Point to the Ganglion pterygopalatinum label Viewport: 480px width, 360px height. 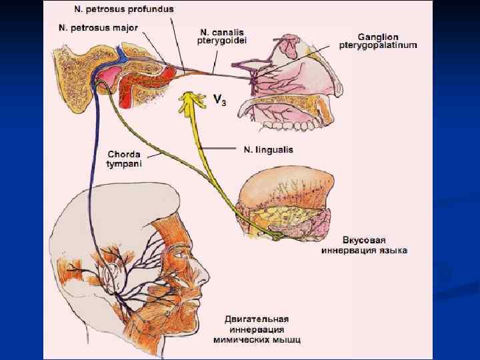(x=387, y=41)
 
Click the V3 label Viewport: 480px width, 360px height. (x=218, y=100)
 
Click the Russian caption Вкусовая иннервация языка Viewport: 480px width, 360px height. (x=364, y=245)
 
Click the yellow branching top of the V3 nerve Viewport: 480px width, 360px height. (x=191, y=101)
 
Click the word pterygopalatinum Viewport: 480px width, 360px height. (x=387, y=45)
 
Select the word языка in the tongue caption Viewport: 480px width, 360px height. (x=393, y=250)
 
